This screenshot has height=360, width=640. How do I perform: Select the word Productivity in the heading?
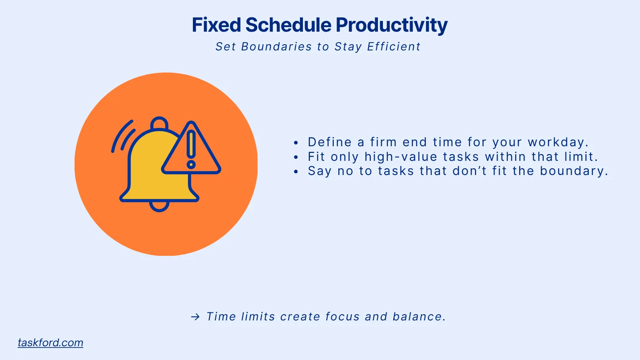392,25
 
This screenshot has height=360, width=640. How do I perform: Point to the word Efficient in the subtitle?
394,47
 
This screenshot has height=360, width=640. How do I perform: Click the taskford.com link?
50,342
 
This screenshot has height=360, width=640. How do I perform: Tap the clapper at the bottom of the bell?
159,206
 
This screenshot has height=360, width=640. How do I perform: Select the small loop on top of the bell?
159,123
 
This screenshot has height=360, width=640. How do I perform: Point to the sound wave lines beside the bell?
122,137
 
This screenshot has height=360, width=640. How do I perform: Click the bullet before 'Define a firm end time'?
296,143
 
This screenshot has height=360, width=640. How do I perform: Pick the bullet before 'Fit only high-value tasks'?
296,157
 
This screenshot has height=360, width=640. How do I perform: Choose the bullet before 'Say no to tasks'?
296,172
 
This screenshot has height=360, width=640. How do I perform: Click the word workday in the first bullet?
557,142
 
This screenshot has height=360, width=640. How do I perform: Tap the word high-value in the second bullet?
401,157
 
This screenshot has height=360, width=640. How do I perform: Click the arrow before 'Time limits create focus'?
195,317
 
